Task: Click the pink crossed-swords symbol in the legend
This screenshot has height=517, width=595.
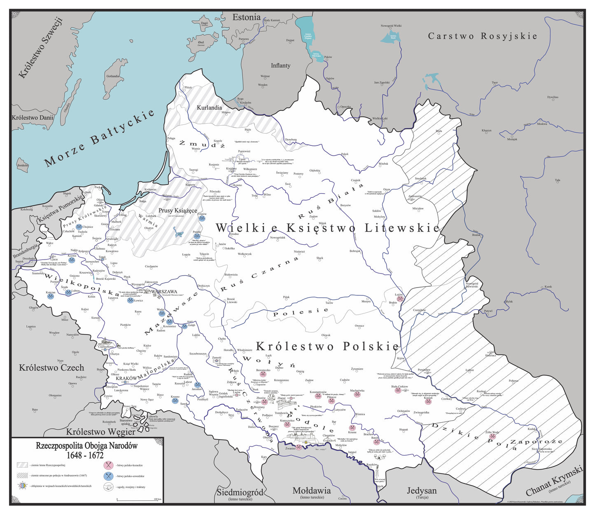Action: pyautogui.click(x=108, y=466)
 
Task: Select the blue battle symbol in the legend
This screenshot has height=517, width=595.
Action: pyautogui.click(x=108, y=476)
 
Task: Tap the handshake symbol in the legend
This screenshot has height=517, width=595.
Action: pyautogui.click(x=108, y=487)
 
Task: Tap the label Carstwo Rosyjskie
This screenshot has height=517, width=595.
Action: pyautogui.click(x=483, y=36)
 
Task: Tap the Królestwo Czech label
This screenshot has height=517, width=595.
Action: pyautogui.click(x=51, y=367)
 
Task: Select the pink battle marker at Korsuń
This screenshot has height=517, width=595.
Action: pyautogui.click(x=428, y=401)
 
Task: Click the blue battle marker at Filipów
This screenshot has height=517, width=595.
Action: pyautogui.click(x=202, y=218)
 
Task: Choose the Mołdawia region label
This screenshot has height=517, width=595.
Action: pyautogui.click(x=311, y=491)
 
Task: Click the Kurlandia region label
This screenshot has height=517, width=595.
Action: pyautogui.click(x=209, y=108)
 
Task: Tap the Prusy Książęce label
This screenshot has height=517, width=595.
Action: pyautogui.click(x=178, y=211)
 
